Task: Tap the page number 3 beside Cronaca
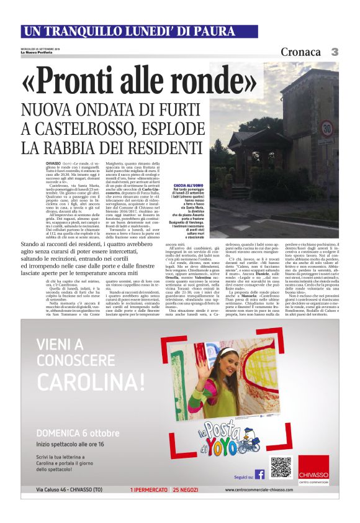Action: tap(334, 52)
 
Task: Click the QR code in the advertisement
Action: tap(281, 467)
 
